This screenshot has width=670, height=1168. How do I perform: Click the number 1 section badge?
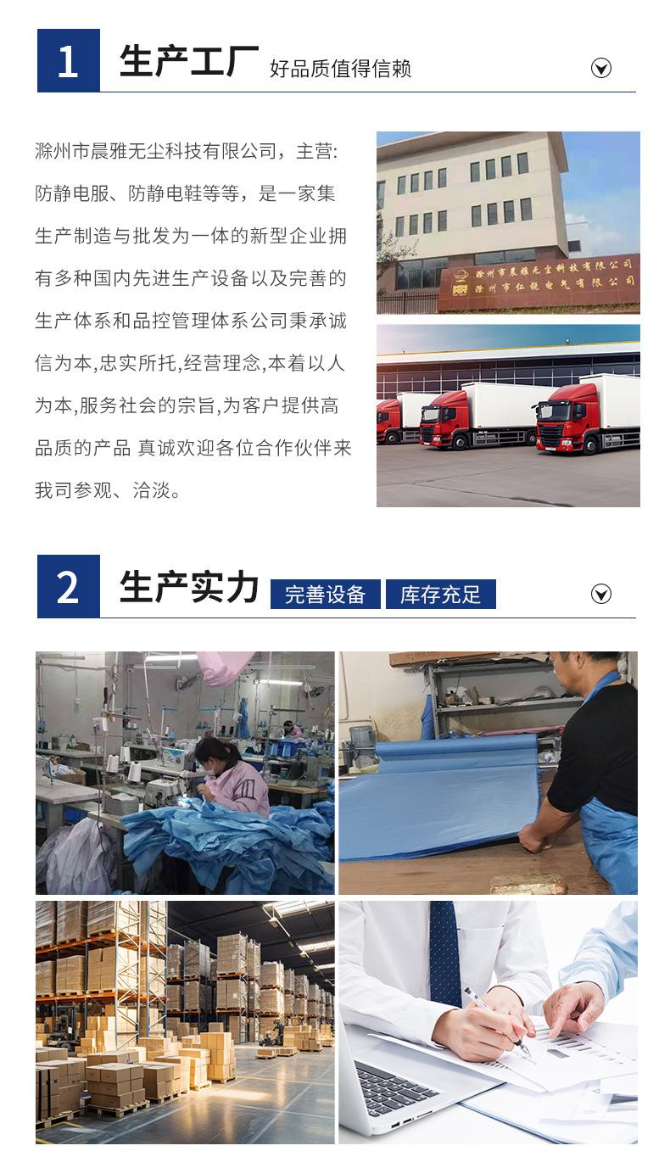pyautogui.click(x=68, y=61)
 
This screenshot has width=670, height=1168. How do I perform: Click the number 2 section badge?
pyautogui.click(x=68, y=587)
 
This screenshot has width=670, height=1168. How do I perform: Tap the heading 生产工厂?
pyautogui.click(x=188, y=62)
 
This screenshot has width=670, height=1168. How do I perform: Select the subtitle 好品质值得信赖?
pyautogui.click(x=340, y=69)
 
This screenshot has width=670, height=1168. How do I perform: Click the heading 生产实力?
pyautogui.click(x=188, y=588)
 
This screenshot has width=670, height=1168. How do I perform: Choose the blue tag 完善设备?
pyautogui.click(x=325, y=595)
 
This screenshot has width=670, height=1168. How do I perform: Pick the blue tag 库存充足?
pyautogui.click(x=440, y=595)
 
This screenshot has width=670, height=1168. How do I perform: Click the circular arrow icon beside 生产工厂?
pyautogui.click(x=600, y=69)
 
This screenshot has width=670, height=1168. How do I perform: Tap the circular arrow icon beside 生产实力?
pyautogui.click(x=600, y=594)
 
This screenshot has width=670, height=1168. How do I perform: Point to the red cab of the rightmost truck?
pyautogui.click(x=566, y=419)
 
